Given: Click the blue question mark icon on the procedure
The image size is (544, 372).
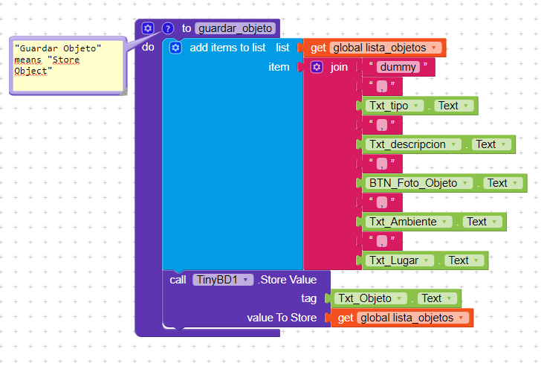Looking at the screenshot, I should point(167,28).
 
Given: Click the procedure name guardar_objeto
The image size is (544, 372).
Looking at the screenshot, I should point(236,28).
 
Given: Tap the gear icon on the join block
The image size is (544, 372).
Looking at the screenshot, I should point(317,67).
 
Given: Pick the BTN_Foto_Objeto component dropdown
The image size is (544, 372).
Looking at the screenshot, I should point(421,183).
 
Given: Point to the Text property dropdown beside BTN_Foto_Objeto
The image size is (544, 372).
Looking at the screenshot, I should point(503,183).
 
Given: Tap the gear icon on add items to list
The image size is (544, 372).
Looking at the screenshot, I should point(175,48).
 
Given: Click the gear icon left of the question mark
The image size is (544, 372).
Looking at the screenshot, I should point(148,28).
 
